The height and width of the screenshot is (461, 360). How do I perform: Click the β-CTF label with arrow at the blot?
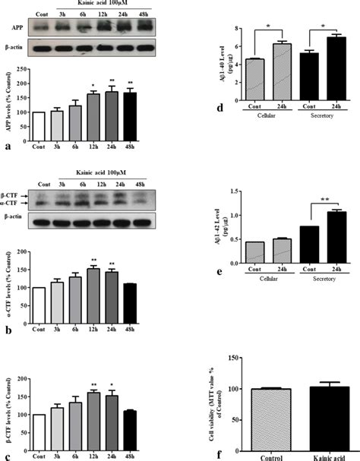point(14,194)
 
